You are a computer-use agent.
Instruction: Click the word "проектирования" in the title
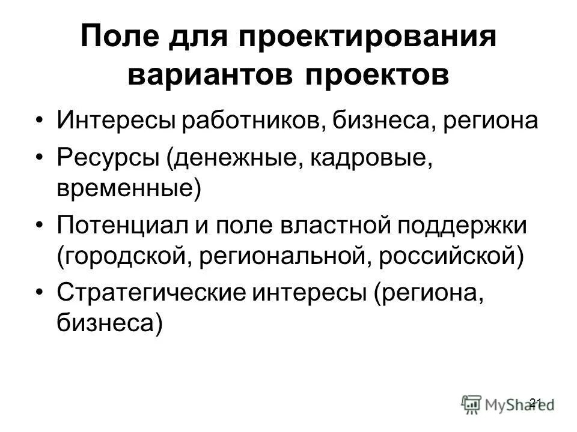point(368,40)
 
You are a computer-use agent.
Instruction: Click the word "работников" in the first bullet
point(242,120)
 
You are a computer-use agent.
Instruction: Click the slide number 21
point(537,401)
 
